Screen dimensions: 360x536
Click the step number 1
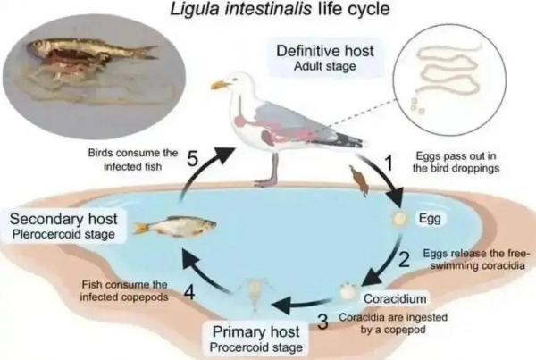pos(389,163)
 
